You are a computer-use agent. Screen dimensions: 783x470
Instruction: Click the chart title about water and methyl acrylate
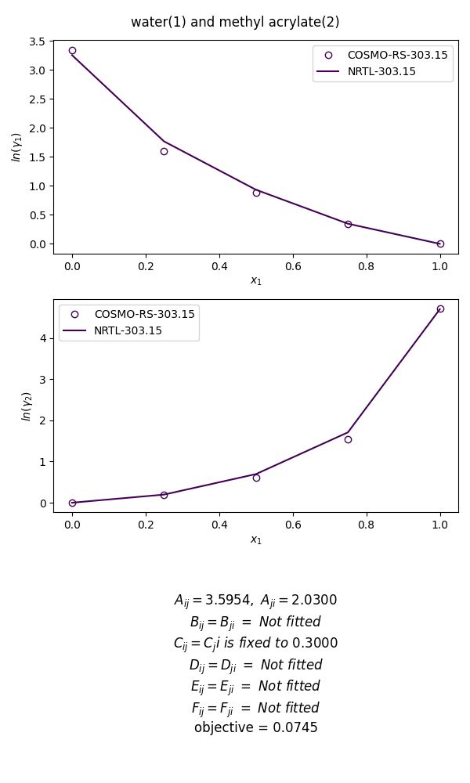[235, 22]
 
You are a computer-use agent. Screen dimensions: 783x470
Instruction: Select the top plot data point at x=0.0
[72, 50]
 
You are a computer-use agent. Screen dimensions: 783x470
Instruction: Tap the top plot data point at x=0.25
[164, 151]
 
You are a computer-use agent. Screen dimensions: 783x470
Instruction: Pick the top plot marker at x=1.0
[440, 244]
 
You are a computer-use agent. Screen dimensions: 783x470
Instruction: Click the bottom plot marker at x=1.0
[440, 309]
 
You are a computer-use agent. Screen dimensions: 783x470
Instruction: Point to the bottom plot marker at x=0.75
[348, 439]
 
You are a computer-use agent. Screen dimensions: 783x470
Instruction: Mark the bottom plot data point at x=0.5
[256, 478]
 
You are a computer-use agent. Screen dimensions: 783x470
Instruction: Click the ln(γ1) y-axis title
[17, 147]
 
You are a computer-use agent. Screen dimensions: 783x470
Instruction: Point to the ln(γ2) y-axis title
[26, 406]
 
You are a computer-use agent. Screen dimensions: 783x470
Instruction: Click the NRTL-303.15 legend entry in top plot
[381, 71]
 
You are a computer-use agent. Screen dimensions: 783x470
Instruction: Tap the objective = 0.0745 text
[255, 728]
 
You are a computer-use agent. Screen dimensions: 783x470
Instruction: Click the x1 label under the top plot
[256, 280]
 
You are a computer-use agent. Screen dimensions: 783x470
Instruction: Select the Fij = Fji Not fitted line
[255, 708]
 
